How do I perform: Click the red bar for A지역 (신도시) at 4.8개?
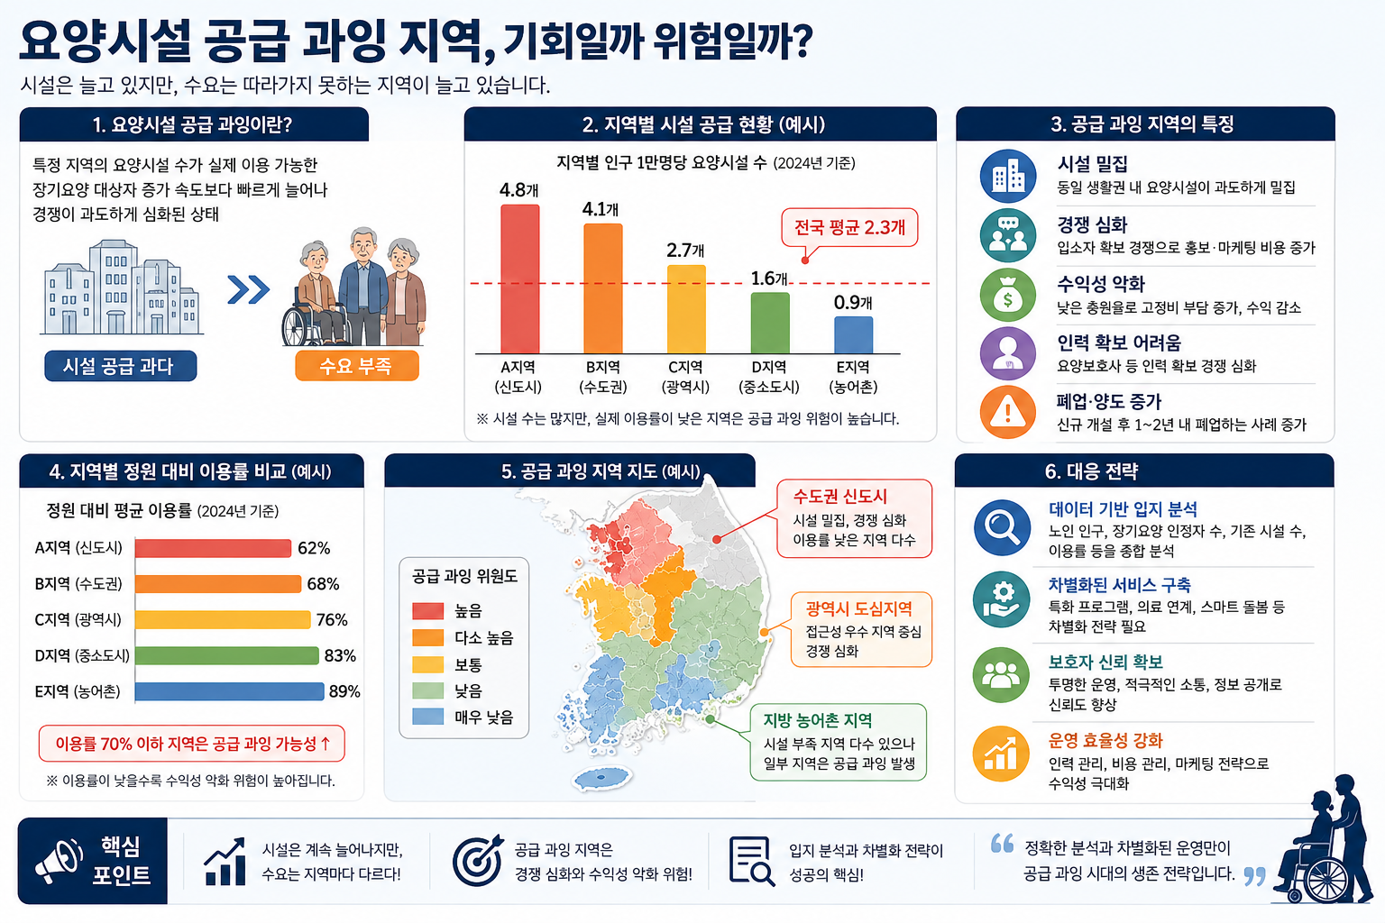pos(519,279)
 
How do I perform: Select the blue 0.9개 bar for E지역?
pos(853,335)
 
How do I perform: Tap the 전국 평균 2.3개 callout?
pos(848,228)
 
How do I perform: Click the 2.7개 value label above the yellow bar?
pos(685,251)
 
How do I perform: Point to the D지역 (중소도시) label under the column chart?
pos(768,377)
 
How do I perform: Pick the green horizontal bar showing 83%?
pos(227,655)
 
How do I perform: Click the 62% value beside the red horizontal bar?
pos(314,548)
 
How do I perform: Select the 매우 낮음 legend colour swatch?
pos(428,717)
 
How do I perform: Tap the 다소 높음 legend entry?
pos(463,637)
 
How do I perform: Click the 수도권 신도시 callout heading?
pos(839,496)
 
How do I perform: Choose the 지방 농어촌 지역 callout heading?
pos(818,720)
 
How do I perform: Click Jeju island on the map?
pos(601,777)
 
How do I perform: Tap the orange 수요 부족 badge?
pos(357,366)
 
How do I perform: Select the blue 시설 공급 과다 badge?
pos(121,366)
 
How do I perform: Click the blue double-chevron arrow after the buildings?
pos(249,289)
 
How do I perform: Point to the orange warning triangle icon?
pos(1008,412)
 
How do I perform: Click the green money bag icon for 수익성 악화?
pos(1008,295)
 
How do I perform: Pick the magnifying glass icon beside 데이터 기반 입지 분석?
pos(1002,528)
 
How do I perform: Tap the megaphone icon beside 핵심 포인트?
pos(60,861)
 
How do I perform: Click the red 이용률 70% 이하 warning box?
pos(192,743)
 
